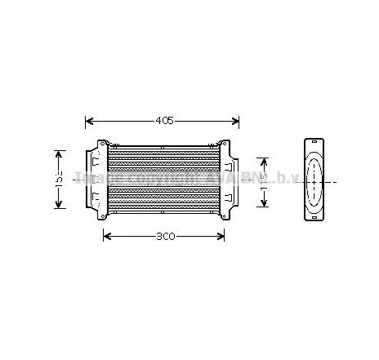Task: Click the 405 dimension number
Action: pos(164,121)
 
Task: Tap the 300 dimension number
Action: pos(165,238)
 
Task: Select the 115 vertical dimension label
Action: pos(262,181)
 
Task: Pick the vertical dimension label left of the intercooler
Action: pos(59,179)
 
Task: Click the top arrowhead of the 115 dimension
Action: pos(262,158)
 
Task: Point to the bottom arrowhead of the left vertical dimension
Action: pos(59,206)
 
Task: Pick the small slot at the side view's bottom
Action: pos(313,217)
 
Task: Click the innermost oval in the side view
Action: pos(313,180)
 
